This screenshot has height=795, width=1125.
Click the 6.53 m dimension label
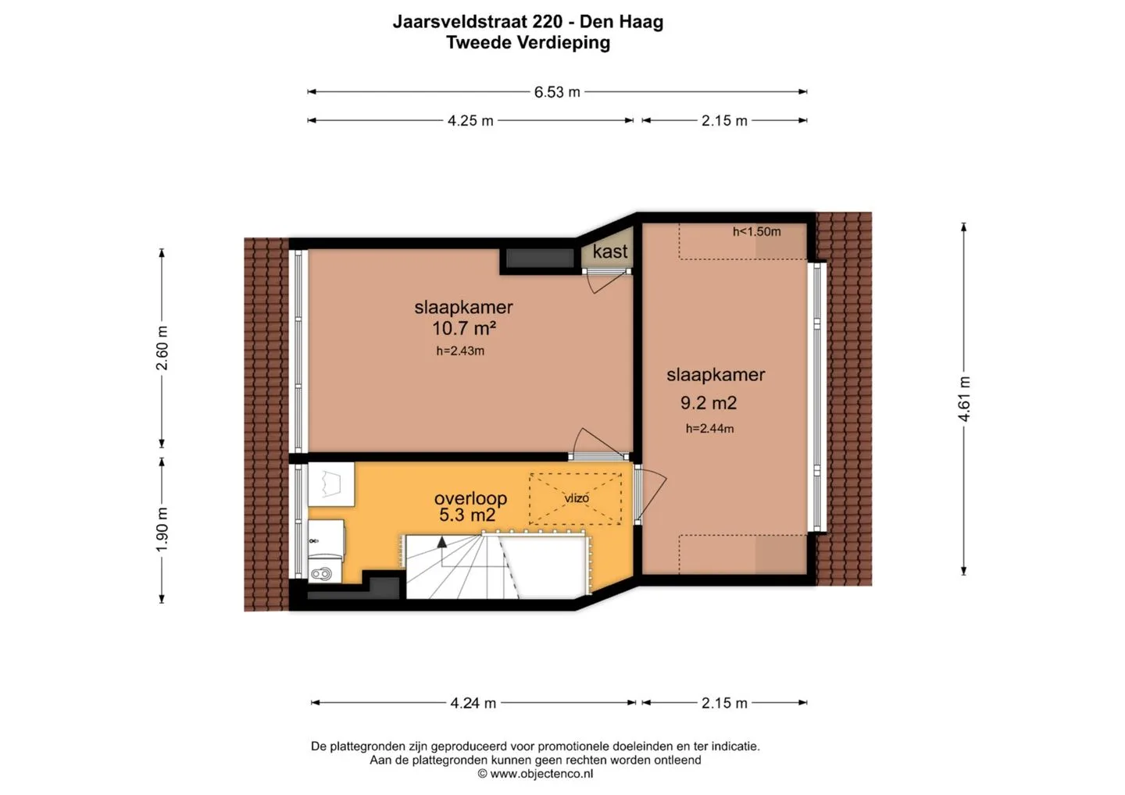[x=557, y=92]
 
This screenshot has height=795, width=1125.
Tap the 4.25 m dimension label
[x=470, y=121]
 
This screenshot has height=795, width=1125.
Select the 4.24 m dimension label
[x=473, y=703]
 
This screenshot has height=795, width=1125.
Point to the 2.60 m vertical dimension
[x=162, y=348]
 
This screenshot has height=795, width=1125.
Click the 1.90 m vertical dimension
[x=162, y=529]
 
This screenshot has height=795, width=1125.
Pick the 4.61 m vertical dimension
[x=964, y=398]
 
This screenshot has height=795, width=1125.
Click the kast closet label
[x=609, y=251]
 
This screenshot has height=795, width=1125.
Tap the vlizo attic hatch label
[x=576, y=498]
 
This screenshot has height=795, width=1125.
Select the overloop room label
[x=470, y=498]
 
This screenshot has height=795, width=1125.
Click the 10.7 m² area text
[x=464, y=328]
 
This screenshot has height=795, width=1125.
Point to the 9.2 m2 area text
[x=709, y=402]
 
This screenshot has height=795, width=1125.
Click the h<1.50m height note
[x=756, y=231]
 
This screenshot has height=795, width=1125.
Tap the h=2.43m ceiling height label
[x=460, y=351]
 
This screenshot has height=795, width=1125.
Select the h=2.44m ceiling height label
[x=709, y=429]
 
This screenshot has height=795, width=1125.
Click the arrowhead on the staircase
[x=442, y=542]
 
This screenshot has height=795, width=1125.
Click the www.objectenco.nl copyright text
[x=535, y=774]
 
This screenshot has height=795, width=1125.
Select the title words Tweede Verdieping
[x=528, y=43]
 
